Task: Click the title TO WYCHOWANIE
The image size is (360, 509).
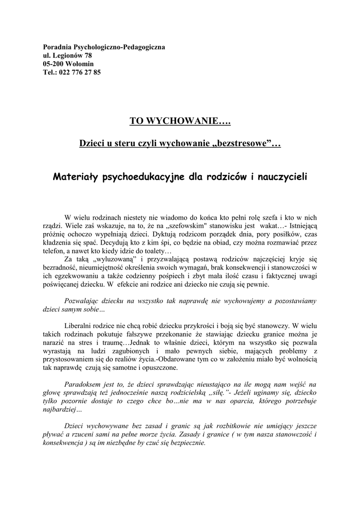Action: tap(180, 121)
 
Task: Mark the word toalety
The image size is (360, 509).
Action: tap(155, 251)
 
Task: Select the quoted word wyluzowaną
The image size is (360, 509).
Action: tap(114, 259)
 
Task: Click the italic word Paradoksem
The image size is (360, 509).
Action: tap(85, 384)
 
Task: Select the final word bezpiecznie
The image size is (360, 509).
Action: tap(186, 443)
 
